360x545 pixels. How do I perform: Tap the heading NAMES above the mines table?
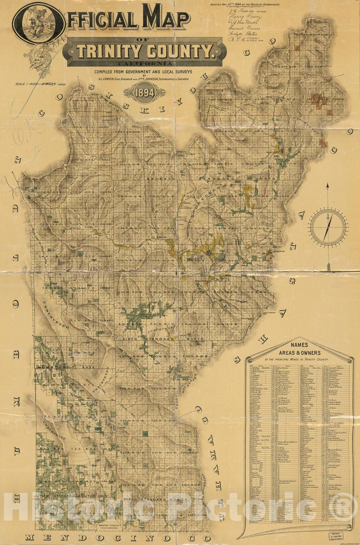[x=301, y=345]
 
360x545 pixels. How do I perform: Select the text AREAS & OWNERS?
[x=301, y=352]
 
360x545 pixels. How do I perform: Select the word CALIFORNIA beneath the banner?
[x=144, y=64]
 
